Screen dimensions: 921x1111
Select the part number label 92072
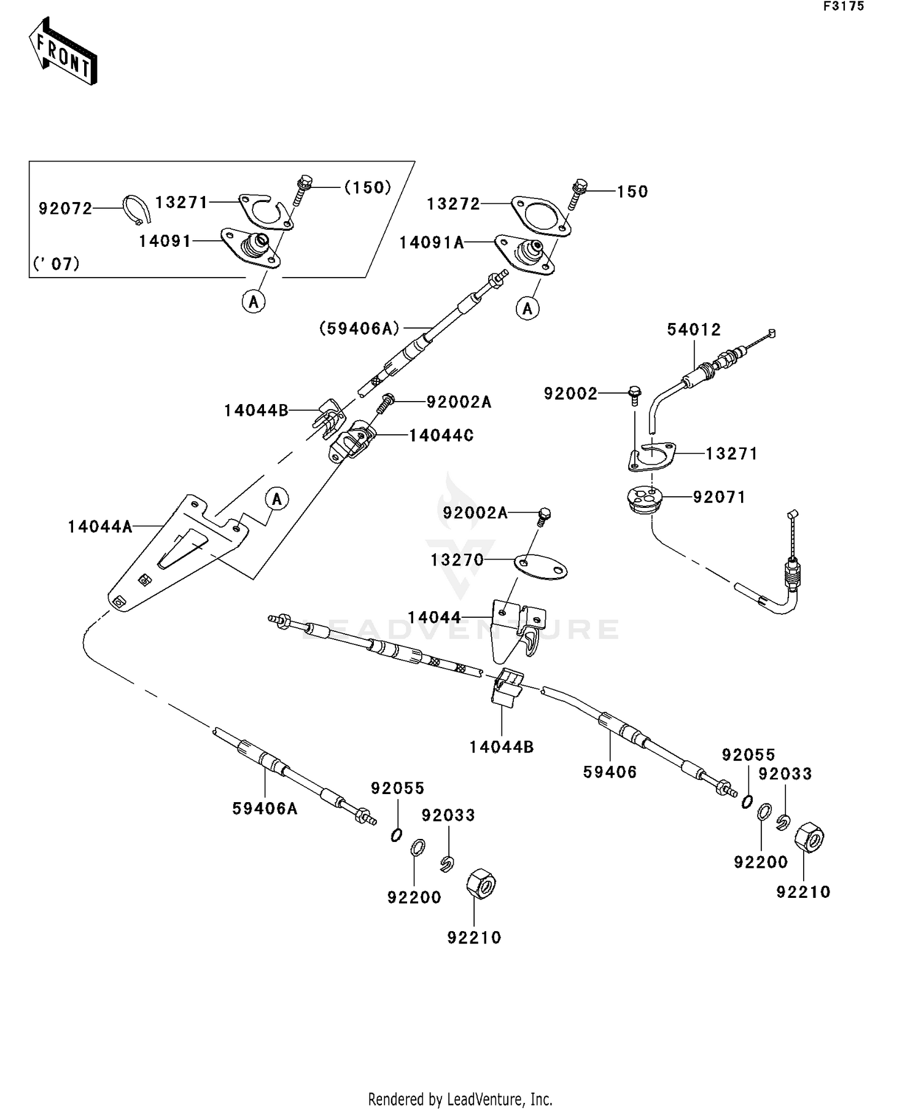pyautogui.click(x=66, y=209)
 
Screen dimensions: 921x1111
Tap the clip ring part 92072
pyautogui.click(x=136, y=209)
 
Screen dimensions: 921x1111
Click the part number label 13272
pyautogui.click(x=453, y=204)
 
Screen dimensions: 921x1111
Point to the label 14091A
pyautogui.click(x=432, y=243)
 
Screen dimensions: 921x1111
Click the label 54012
pyautogui.click(x=694, y=330)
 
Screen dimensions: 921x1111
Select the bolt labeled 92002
pyautogui.click(x=635, y=396)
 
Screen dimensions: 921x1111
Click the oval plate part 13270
pyautogui.click(x=540, y=567)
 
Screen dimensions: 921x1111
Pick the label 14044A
pyautogui.click(x=100, y=526)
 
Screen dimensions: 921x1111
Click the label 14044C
pyautogui.click(x=441, y=435)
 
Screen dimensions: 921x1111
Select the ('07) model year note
pyautogui.click(x=56, y=264)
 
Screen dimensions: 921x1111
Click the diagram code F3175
pyautogui.click(x=844, y=6)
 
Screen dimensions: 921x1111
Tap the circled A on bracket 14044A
pyautogui.click(x=277, y=499)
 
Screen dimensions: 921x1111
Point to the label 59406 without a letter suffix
pyautogui.click(x=610, y=772)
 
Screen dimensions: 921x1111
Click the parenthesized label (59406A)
pyautogui.click(x=360, y=329)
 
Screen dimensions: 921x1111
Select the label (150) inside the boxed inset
pyautogui.click(x=368, y=187)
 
